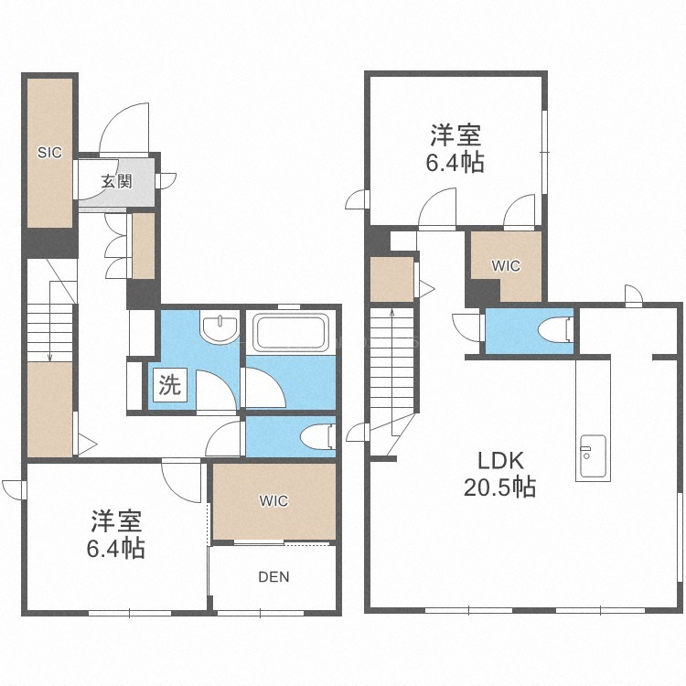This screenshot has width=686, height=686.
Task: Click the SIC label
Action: (49, 153)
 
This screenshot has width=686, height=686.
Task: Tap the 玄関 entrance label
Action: (117, 181)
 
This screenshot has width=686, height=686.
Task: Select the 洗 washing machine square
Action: (170, 384)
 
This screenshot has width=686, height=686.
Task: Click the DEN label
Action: (273, 577)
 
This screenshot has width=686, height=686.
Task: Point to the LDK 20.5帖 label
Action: (500, 474)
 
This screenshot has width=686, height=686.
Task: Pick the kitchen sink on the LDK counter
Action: (593, 456)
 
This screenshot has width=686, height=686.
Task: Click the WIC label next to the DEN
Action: (273, 501)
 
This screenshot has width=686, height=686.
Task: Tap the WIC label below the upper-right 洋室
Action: (506, 265)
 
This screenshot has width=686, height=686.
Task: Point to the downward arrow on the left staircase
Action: (50, 322)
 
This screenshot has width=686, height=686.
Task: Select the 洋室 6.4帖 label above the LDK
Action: (456, 148)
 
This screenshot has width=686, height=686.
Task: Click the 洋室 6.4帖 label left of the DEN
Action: (116, 534)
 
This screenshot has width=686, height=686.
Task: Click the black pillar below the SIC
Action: (50, 242)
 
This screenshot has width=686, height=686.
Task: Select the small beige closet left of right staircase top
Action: (392, 280)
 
